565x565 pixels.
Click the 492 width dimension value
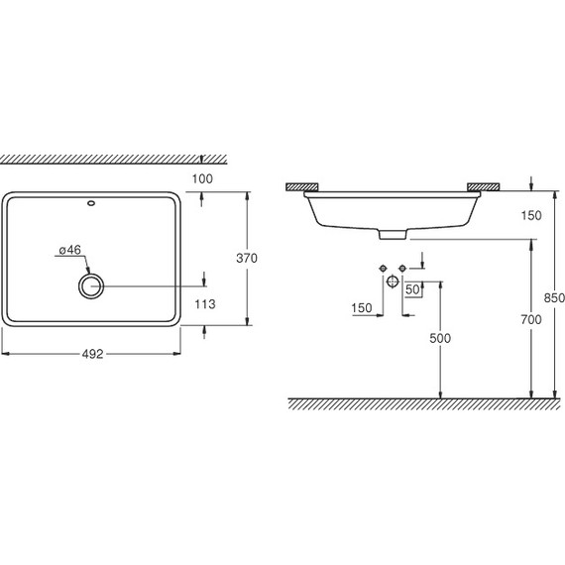click(x=92, y=351)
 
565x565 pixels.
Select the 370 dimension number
click(x=247, y=258)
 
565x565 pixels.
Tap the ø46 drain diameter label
click(x=68, y=251)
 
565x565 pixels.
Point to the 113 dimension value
click(x=205, y=305)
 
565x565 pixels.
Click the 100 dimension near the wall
click(x=204, y=178)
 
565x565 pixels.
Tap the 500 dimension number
click(x=440, y=338)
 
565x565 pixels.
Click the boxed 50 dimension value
click(x=414, y=289)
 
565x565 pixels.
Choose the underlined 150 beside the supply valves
click(x=361, y=308)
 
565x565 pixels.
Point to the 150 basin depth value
click(x=531, y=216)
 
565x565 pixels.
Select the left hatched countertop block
click(x=302, y=186)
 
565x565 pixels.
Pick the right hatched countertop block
click(x=486, y=186)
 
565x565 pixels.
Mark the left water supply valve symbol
click(x=382, y=269)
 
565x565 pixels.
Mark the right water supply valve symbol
click(x=403, y=269)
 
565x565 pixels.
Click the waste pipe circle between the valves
click(x=393, y=283)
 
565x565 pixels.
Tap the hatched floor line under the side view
click(x=416, y=402)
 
